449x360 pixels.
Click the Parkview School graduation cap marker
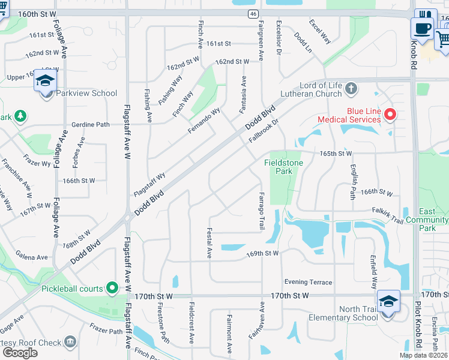point(46,80)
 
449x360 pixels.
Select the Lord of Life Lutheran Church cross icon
point(352,90)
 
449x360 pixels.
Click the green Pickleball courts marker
point(112,289)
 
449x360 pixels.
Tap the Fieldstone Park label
point(283,167)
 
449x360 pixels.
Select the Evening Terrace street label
point(308,282)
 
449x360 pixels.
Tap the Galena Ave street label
point(32,257)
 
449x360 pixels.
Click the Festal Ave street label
point(209,242)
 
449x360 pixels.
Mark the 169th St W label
point(262,253)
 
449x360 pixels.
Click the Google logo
point(20,352)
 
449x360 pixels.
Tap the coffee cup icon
point(422,28)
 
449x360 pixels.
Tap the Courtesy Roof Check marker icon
point(71,341)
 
